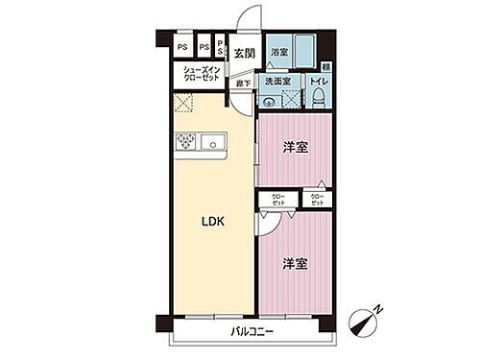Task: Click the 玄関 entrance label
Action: click(244, 54)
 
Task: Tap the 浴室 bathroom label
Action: click(279, 51)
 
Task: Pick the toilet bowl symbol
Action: click(318, 98)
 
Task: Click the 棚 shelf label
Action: click(327, 66)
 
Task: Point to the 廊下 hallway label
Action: click(244, 84)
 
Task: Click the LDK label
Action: click(213, 221)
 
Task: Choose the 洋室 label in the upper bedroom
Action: click(294, 147)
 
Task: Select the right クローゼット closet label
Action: click(316, 200)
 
